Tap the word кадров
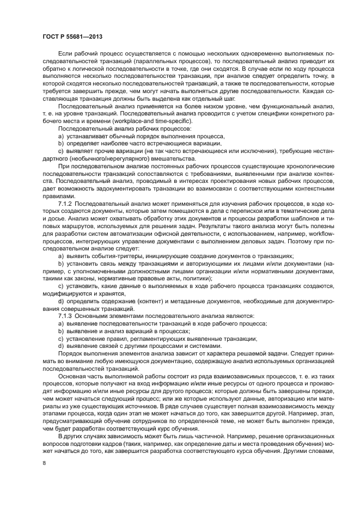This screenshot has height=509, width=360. (108, 443)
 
